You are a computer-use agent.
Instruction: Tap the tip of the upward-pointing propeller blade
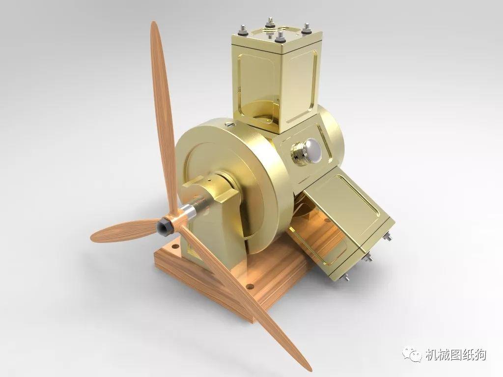tap(154, 25)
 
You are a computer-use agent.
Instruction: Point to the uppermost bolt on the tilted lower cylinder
tap(389, 238)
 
